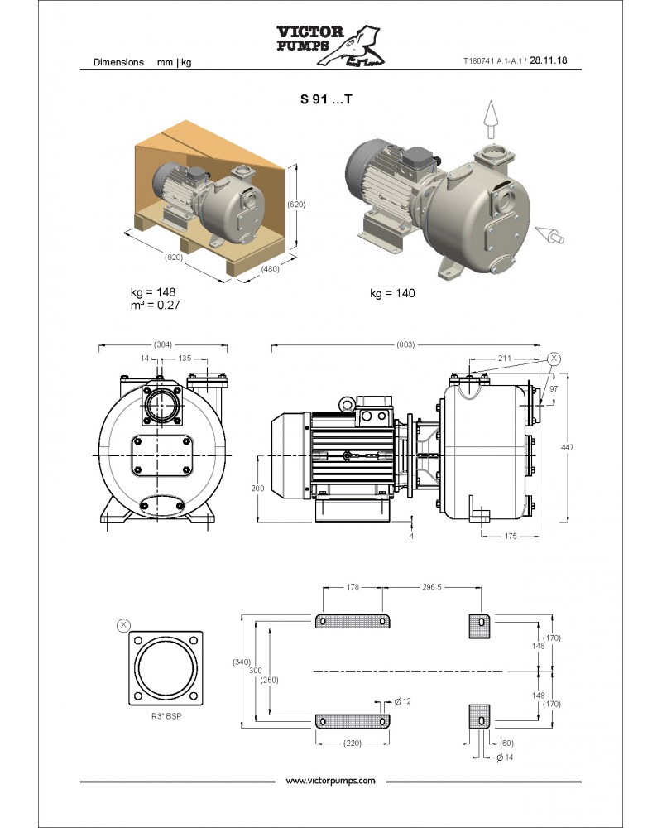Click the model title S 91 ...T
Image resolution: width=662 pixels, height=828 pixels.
[x=326, y=99]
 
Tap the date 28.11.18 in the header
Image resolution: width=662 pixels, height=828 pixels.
[x=554, y=61]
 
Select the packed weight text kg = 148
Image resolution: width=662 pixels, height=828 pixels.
[x=153, y=292]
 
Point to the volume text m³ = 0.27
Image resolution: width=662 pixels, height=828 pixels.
[x=155, y=305]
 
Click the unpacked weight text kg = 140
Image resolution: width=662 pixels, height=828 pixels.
[x=392, y=293]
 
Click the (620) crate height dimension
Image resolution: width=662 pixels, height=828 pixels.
[x=295, y=203]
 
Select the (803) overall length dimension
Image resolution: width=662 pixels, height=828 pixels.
[x=405, y=344]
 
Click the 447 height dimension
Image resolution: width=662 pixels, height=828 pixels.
[x=567, y=447]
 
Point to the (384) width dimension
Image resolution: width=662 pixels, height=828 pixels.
[x=163, y=344]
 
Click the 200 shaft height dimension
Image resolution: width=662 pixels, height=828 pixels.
[x=257, y=489]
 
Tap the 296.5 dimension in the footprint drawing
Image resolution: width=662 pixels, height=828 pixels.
[x=431, y=586]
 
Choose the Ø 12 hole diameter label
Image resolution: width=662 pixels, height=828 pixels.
[x=403, y=701]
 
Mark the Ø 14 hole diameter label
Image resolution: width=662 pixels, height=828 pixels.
[x=503, y=758]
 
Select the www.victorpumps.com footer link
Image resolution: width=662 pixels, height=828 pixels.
[x=330, y=781]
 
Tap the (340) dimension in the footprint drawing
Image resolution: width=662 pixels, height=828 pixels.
[x=242, y=662]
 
